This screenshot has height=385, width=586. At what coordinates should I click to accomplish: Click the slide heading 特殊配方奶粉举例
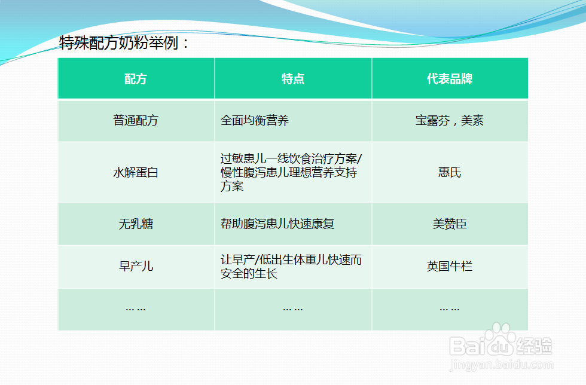tap(124, 43)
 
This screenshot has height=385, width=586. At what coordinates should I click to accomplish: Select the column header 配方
tap(136, 79)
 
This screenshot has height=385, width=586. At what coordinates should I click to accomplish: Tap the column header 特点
tap(293, 79)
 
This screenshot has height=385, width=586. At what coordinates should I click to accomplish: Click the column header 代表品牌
tap(450, 79)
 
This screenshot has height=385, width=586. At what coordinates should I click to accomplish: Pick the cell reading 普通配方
tap(136, 121)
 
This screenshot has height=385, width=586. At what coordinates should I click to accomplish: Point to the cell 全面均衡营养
tap(255, 121)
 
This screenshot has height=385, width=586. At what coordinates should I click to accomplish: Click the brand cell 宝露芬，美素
tap(450, 121)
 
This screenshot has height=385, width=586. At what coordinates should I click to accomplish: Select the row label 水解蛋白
tap(136, 173)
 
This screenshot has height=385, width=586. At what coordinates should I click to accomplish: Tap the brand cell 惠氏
tap(450, 173)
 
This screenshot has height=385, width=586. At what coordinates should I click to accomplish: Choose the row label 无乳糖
tap(136, 224)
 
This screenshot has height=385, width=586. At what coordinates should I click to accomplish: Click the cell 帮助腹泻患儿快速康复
tap(277, 224)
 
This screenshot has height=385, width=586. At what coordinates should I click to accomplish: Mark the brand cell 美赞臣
tap(450, 224)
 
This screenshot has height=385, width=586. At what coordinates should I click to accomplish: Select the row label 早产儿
tap(136, 266)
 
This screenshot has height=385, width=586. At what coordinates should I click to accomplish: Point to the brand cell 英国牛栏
tap(450, 266)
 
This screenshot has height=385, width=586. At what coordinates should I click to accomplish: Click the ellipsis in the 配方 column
tap(136, 309)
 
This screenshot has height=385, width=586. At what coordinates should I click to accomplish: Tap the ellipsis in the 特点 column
tap(293, 309)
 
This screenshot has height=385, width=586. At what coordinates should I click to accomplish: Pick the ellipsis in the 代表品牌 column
tap(450, 309)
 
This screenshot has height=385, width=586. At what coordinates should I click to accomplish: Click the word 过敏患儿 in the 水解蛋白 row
tap(242, 159)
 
